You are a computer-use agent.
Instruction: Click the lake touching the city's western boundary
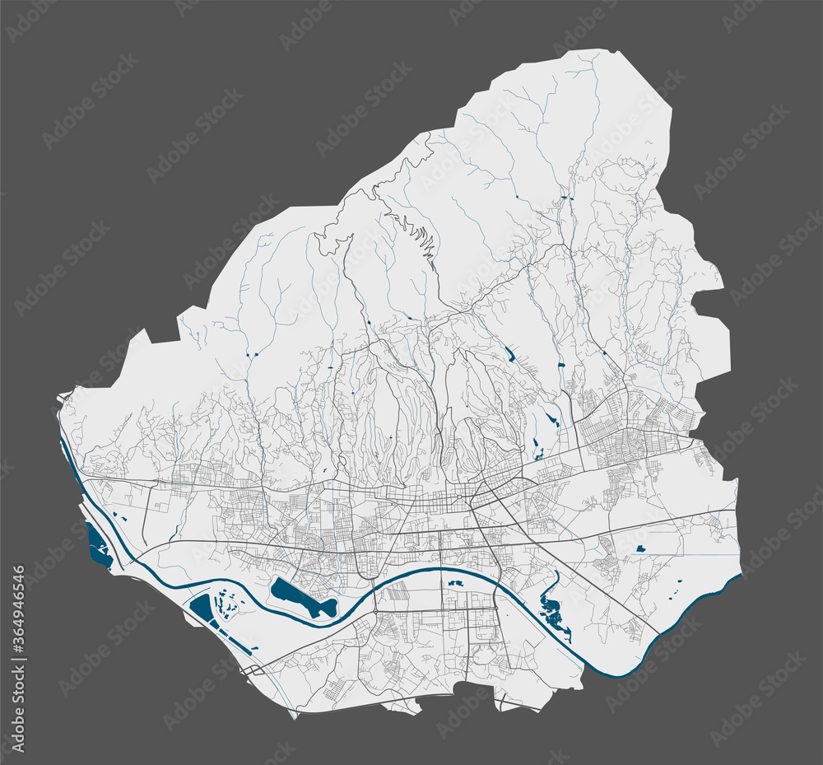click(97, 546)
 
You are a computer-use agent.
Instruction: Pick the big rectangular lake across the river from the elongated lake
click(201, 609)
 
